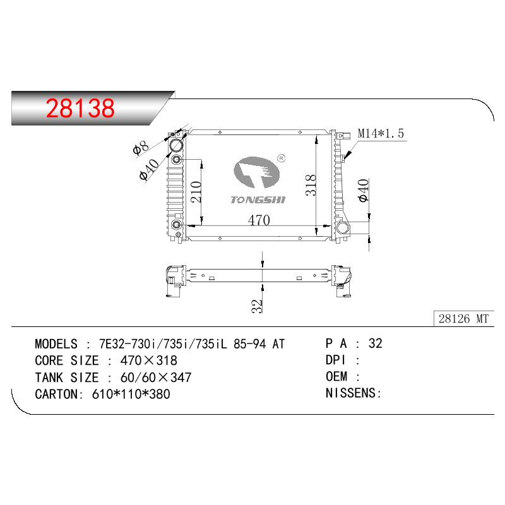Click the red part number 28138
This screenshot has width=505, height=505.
pyautogui.click(x=80, y=108)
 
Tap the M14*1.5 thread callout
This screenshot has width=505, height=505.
pyautogui.click(x=381, y=133)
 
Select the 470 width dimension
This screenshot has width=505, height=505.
pyautogui.click(x=259, y=220)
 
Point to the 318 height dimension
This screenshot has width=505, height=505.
pyautogui.click(x=311, y=185)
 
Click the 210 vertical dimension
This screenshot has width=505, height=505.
pyautogui.click(x=196, y=192)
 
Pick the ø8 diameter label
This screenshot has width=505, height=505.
pyautogui.click(x=141, y=148)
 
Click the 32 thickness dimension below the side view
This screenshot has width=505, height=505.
pyautogui.click(x=257, y=306)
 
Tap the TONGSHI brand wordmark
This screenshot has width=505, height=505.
pyautogui.click(x=258, y=200)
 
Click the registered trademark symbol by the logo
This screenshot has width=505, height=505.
pyautogui.click(x=281, y=158)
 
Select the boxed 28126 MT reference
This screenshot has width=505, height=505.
pyautogui.click(x=463, y=319)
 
